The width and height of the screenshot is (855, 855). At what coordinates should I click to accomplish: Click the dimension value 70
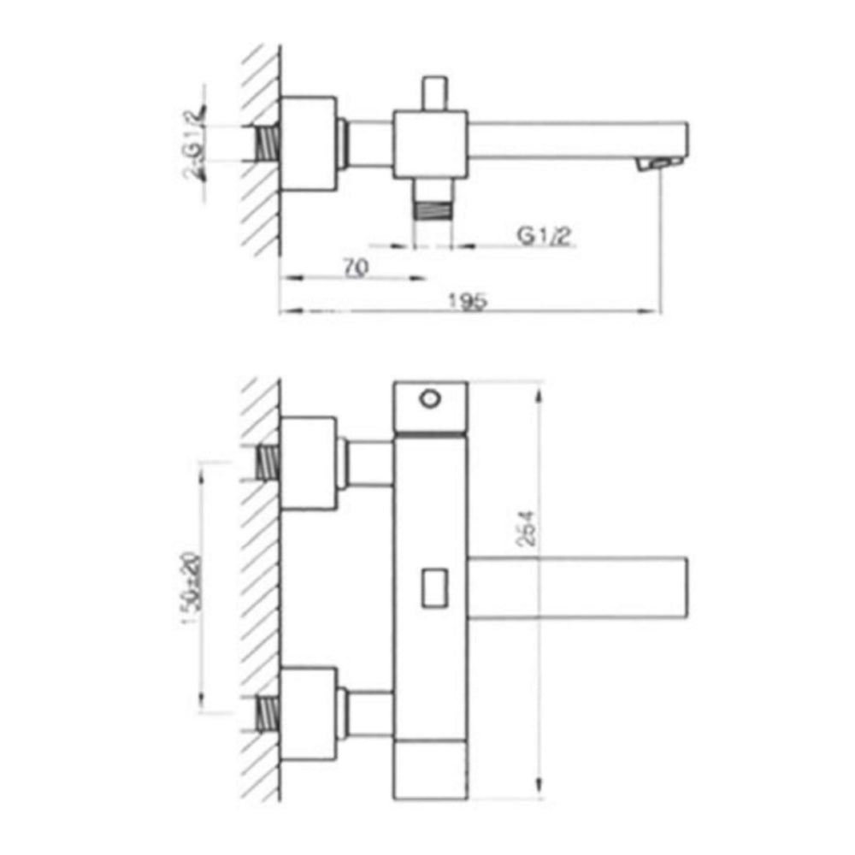(357, 267)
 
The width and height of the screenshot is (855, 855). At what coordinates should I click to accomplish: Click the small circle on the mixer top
(430, 398)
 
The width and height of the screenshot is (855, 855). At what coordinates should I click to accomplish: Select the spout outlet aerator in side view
(659, 162)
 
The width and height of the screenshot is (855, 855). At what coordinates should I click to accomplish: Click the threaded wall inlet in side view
(268, 142)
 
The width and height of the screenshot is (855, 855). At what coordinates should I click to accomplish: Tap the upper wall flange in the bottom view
(308, 464)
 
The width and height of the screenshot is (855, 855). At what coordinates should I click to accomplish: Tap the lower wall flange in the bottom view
(308, 712)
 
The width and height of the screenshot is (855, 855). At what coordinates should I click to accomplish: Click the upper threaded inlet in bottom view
(268, 463)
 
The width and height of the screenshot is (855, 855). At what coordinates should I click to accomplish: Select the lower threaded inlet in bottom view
(268, 712)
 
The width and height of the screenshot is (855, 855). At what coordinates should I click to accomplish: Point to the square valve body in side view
(429, 144)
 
